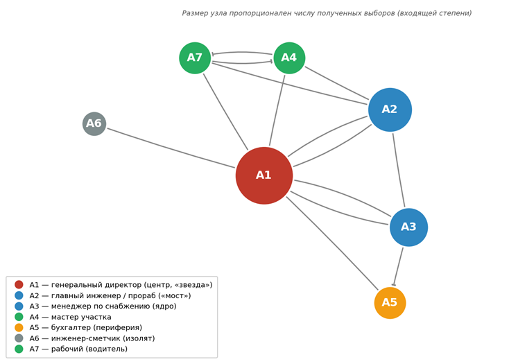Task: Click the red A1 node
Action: pos(264,175)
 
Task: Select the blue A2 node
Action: pos(390,110)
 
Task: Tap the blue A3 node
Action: pos(408,227)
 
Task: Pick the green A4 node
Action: pos(289,58)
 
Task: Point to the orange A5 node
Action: pos(390,303)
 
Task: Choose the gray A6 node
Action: pos(94,123)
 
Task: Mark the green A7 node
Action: pos(195,58)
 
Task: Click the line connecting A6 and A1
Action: pos(171,148)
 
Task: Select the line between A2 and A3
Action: pos(399,170)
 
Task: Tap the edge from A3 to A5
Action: pos(398,266)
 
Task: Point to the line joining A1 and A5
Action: pos(332,243)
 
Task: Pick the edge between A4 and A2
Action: pos(337,83)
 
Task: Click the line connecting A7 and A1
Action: pos(225,112)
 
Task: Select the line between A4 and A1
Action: pos(277,110)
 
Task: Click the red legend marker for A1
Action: pos(19,284)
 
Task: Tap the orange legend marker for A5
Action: pos(19,327)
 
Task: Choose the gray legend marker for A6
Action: pos(19,338)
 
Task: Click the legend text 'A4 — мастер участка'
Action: pos(70,317)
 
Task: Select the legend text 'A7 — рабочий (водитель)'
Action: pos(78,349)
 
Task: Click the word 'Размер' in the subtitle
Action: pos(193,13)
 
